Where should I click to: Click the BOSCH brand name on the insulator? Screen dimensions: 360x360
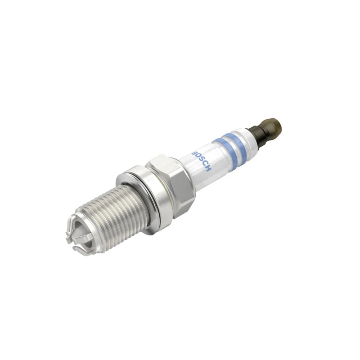[201, 161]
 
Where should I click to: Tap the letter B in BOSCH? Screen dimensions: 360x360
[194, 153]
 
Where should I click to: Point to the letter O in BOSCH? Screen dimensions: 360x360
[198, 157]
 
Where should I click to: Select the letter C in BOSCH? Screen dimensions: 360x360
[204, 165]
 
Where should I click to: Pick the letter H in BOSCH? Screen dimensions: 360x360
[207, 169]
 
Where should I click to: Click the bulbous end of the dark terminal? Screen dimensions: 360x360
[272, 127]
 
